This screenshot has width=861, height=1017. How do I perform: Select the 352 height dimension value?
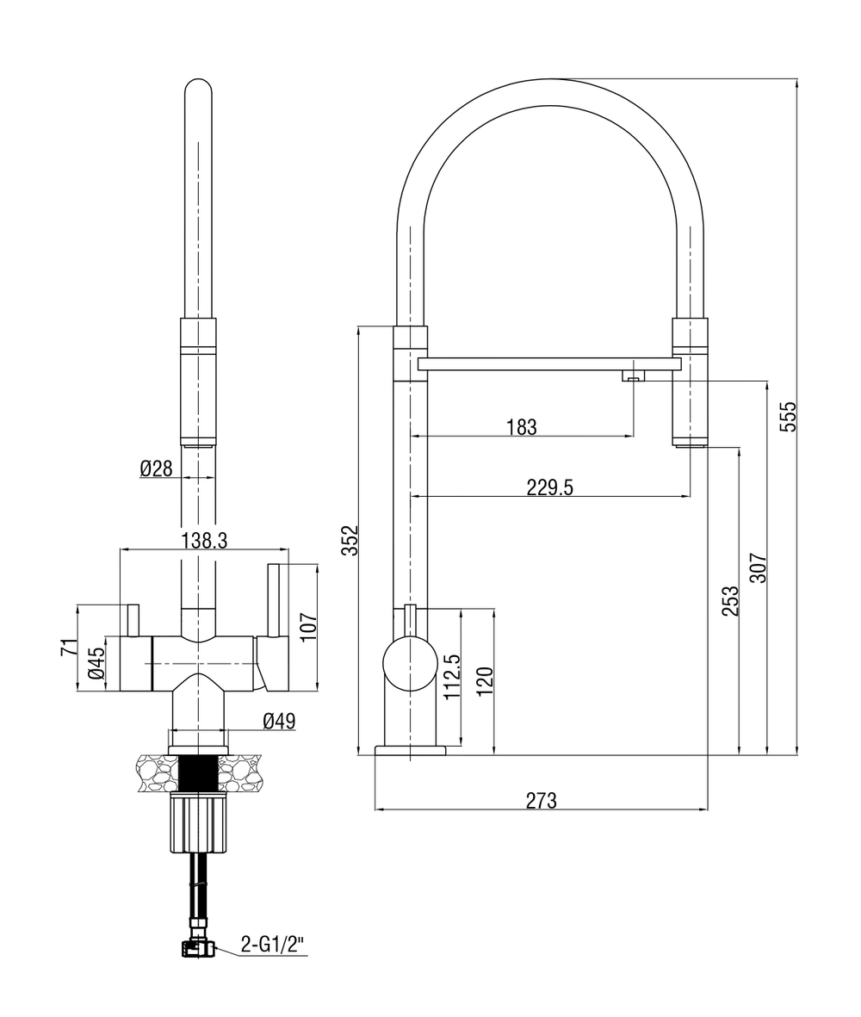pyautogui.click(x=350, y=540)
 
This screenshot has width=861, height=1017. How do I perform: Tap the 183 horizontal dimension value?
pyautogui.click(x=522, y=426)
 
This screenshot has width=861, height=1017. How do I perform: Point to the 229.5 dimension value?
pyautogui.click(x=549, y=487)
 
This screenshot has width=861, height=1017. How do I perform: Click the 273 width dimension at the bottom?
pyautogui.click(x=541, y=800)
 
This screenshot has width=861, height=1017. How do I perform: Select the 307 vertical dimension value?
pyautogui.click(x=758, y=567)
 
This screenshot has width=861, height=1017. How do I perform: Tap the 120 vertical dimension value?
pyautogui.click(x=486, y=683)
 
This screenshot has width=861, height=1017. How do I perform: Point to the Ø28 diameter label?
pyautogui.click(x=156, y=468)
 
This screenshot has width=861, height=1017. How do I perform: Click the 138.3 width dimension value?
pyautogui.click(x=204, y=540)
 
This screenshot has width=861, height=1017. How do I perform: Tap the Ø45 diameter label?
pyautogui.click(x=96, y=663)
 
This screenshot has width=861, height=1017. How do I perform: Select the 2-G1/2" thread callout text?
pyautogui.click(x=272, y=946)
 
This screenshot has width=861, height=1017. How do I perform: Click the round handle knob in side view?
pyautogui.click(x=410, y=666)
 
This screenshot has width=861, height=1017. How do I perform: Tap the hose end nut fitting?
pyautogui.click(x=198, y=949)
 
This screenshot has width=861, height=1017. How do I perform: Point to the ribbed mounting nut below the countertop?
pyautogui.click(x=199, y=824)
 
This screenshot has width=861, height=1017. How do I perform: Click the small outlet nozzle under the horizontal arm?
pyautogui.click(x=633, y=375)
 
